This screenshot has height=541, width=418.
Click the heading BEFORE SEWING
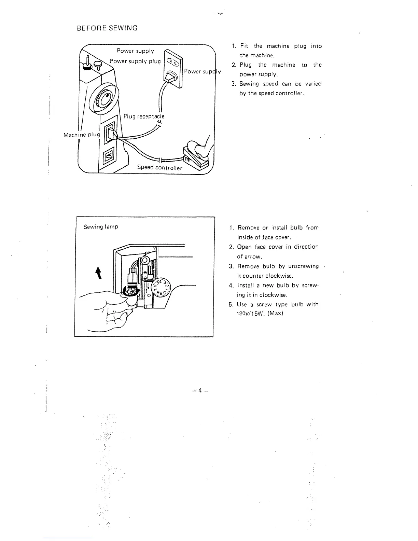[107, 28]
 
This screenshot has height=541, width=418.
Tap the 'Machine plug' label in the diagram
[82, 135]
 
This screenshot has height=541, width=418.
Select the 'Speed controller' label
[159, 167]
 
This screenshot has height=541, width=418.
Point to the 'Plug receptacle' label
[144, 116]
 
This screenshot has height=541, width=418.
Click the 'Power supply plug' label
[135, 61]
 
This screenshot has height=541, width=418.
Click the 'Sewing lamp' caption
[101, 226]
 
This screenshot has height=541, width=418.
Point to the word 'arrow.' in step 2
[246, 256]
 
